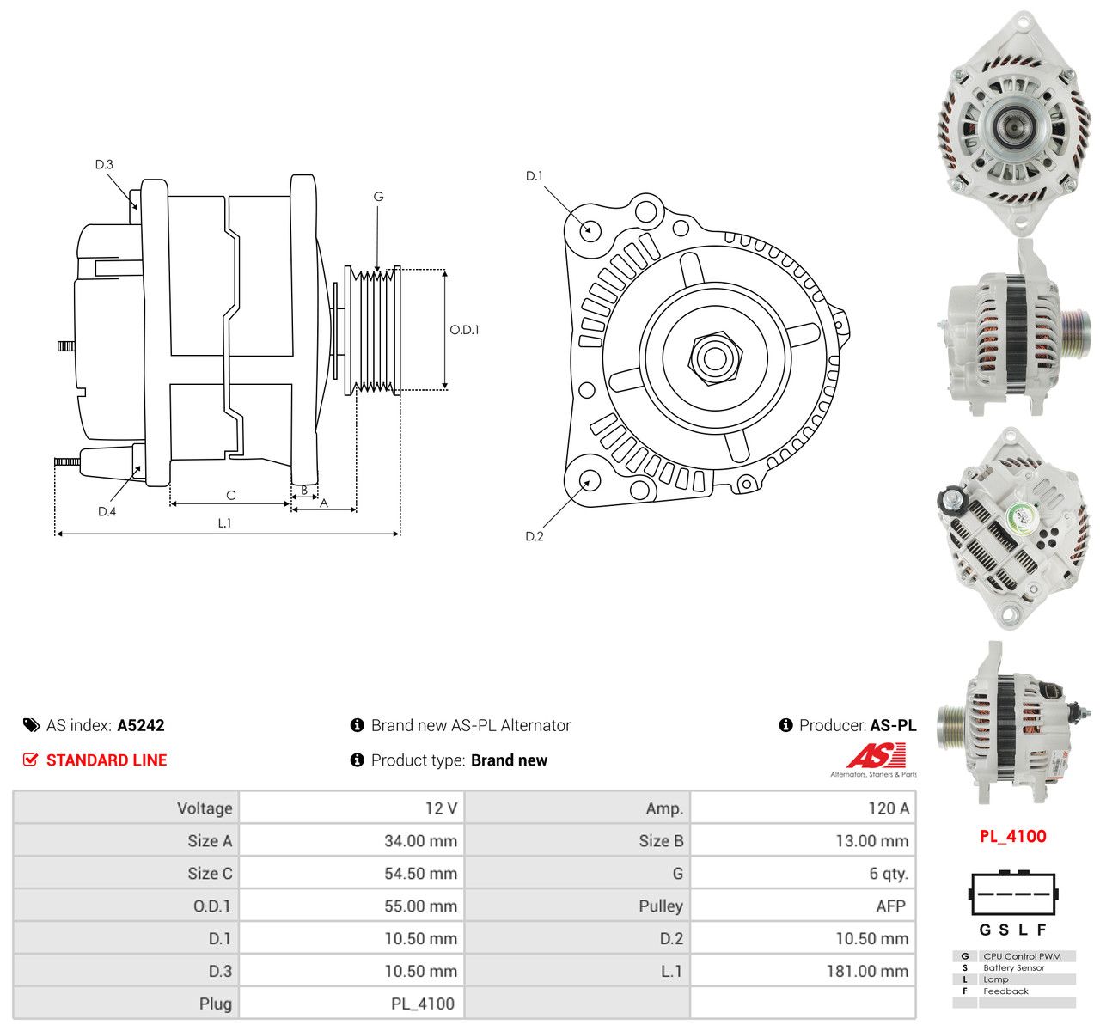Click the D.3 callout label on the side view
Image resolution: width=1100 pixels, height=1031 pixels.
[x=104, y=164]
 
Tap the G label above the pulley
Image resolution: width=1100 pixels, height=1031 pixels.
[x=378, y=197]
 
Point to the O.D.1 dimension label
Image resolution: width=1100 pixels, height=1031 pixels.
[x=464, y=330]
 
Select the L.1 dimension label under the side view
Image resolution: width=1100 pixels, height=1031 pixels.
[x=224, y=522]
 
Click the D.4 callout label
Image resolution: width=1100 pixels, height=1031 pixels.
[x=107, y=511]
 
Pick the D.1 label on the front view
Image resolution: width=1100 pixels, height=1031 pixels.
[x=534, y=176]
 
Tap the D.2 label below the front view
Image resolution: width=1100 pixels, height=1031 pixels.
[x=534, y=536]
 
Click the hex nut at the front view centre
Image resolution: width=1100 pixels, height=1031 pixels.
[x=715, y=358]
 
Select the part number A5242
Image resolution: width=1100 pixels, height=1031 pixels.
[x=141, y=725]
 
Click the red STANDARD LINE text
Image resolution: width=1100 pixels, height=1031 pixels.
[x=107, y=760]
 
